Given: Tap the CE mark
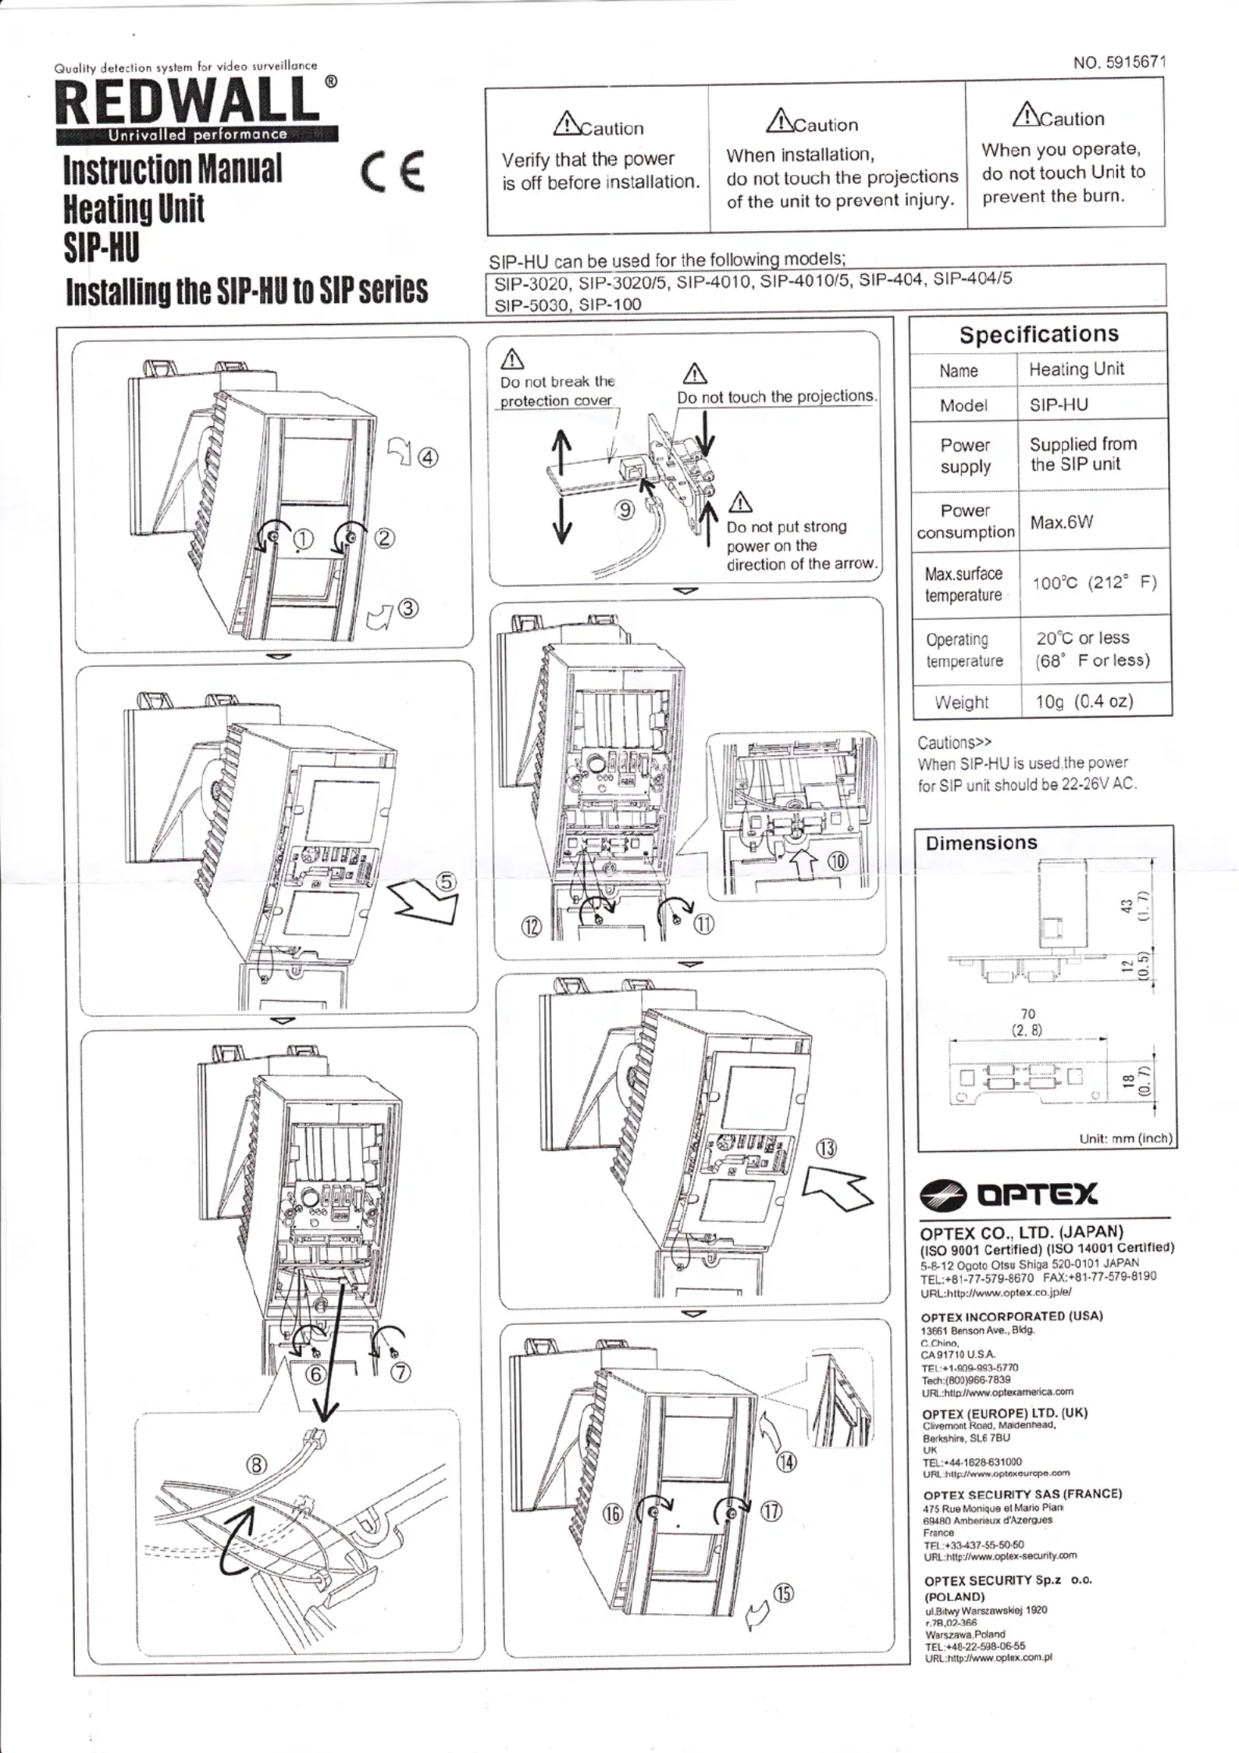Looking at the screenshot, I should coord(393,171).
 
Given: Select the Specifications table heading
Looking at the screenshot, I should coord(1038,334).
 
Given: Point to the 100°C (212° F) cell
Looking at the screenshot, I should coord(1094,583).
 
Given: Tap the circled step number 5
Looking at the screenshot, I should coord(445,882).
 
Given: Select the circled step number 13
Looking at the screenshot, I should coord(826,1149).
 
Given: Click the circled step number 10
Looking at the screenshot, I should coord(837,862).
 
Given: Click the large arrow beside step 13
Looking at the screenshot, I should coord(838,1192).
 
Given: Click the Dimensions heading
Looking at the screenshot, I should coord(981,843).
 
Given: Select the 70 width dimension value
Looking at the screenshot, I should coord(1027,1014).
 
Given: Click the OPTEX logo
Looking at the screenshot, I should coord(1009,1194).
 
